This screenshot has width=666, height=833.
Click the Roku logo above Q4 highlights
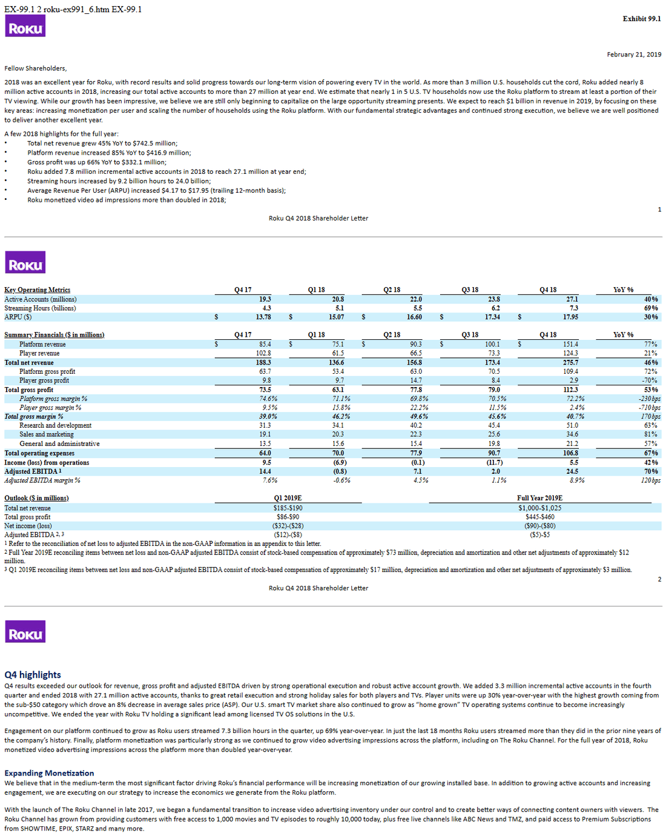coord(25,631)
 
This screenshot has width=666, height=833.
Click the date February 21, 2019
coord(634,55)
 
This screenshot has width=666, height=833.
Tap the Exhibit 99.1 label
coord(642,19)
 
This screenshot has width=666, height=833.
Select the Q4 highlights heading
coord(33,675)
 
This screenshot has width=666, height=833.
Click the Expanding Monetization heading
coord(49,773)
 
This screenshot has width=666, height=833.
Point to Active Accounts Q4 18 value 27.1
coord(572,299)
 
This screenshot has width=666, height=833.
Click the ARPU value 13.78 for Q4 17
coord(263,317)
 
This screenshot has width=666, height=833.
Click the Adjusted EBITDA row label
coord(33,471)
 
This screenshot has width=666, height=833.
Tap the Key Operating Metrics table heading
coord(37,290)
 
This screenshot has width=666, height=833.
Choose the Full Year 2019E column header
coord(540,498)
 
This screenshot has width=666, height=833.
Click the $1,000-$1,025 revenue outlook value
coord(540,508)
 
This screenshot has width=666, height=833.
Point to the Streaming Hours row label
coord(40,308)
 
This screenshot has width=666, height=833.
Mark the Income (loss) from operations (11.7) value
coord(495,463)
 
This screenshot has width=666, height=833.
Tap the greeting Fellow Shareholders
coord(36,68)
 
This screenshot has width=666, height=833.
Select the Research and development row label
coord(55,425)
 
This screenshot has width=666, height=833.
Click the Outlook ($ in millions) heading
coord(36,498)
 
